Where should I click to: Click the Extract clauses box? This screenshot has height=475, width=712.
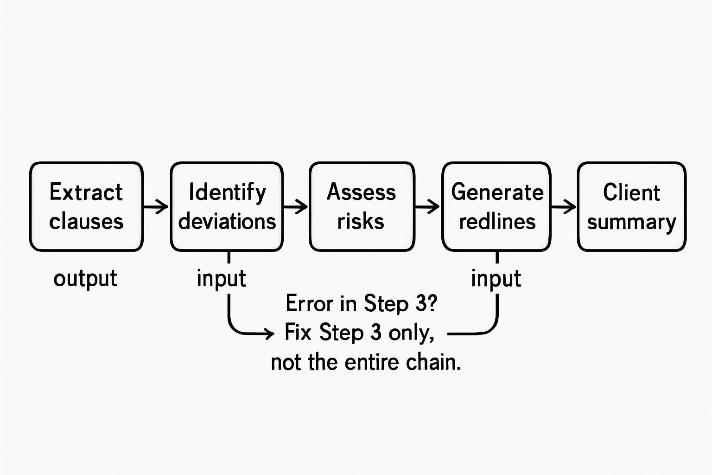pos(86,206)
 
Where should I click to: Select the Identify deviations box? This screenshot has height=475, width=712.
pos(227,206)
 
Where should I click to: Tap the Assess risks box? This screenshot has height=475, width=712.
pos(362,206)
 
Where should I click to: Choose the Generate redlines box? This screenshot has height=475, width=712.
pos(496,206)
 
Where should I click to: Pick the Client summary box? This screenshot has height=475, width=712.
pos(631,206)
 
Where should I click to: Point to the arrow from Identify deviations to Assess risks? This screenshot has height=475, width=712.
pos(296,206)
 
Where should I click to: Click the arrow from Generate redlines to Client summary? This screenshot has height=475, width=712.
pos(564,206)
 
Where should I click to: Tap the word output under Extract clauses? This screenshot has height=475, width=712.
pos(85,279)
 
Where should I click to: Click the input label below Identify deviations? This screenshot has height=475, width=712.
pos(221,279)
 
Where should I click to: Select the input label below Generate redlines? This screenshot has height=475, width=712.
pos(496,279)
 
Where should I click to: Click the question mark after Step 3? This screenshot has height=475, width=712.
pos(432,303)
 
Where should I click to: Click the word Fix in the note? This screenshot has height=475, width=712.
pos(298,333)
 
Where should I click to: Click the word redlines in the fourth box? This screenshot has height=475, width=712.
pos(497,222)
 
